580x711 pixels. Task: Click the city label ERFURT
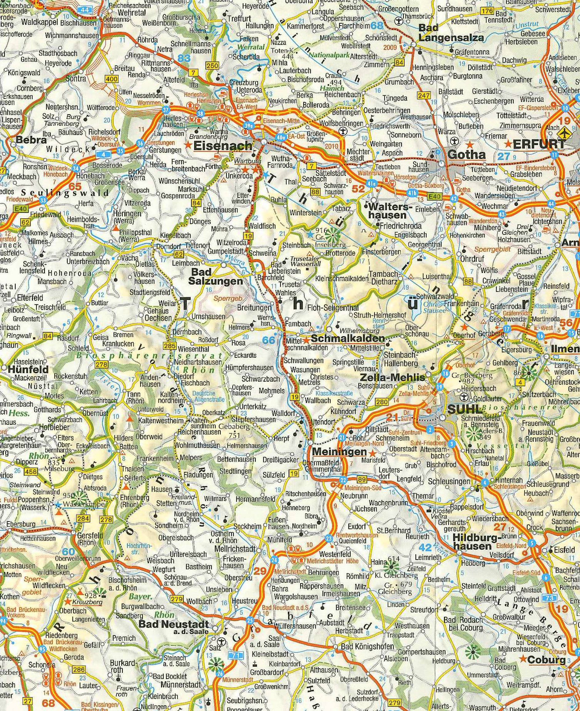pos(538,144)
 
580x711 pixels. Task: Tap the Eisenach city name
pos(223,145)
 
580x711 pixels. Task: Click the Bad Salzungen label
pos(216,276)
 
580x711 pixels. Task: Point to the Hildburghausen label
pos(472,542)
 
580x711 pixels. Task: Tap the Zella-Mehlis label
pos(393,377)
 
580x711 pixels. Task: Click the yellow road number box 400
pos(111,79)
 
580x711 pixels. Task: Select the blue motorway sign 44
pos(85,10)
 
